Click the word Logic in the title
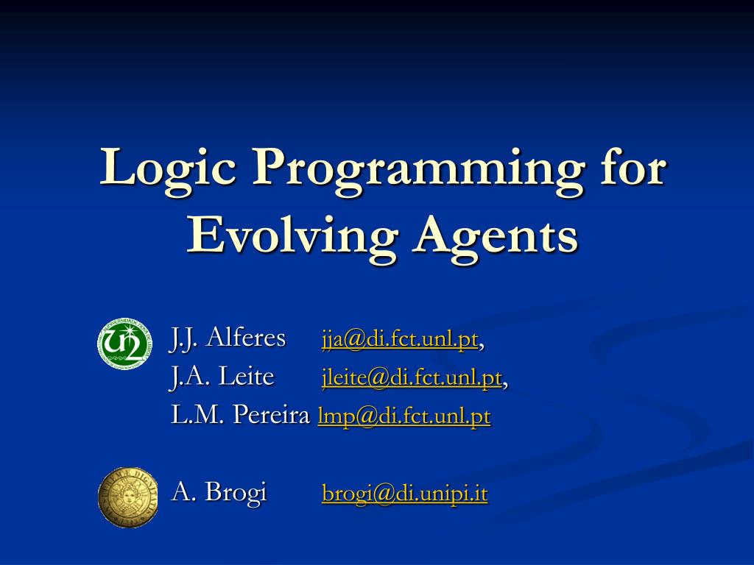[169, 168]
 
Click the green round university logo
[123, 344]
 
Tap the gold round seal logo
[127, 497]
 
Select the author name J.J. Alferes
[228, 338]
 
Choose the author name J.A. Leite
[222, 377]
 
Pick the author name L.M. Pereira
[240, 415]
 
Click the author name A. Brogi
[219, 491]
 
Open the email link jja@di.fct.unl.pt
[400, 339]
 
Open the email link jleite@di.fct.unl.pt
[412, 378]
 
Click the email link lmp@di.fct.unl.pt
[404, 416]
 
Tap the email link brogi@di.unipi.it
[405, 493]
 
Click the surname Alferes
[246, 338]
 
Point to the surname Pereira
[271, 415]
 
